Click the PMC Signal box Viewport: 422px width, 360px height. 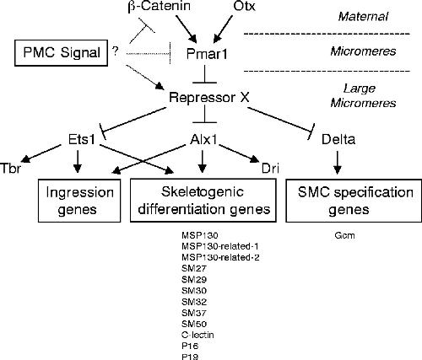click(x=61, y=53)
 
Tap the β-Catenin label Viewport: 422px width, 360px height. click(x=160, y=6)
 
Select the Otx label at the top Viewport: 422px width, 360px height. click(x=244, y=6)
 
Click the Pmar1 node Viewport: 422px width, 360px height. click(x=207, y=54)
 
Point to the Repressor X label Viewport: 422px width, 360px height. click(x=209, y=98)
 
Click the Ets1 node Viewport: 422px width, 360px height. click(x=82, y=139)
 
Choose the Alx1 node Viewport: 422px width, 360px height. click(x=203, y=139)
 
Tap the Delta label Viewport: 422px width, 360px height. click(x=338, y=139)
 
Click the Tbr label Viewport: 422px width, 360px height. click(x=11, y=169)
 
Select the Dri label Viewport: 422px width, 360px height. click(x=270, y=169)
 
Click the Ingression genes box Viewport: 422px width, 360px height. click(x=79, y=201)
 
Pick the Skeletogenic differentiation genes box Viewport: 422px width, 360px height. click(x=203, y=201)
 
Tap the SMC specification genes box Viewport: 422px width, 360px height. click(x=354, y=201)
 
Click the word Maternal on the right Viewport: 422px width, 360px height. click(x=363, y=16)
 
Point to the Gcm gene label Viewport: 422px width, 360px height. click(x=344, y=235)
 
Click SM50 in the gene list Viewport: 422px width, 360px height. click(x=194, y=324)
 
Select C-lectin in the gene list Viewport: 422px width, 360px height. click(x=197, y=335)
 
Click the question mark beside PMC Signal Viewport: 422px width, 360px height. click(x=115, y=51)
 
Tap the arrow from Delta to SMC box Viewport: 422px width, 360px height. click(x=338, y=163)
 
